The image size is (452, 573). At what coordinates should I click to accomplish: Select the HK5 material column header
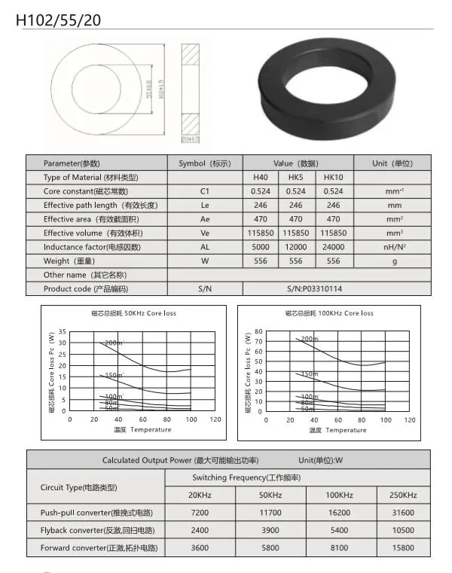pyautogui.click(x=296, y=177)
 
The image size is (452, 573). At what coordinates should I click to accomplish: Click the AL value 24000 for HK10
pyautogui.click(x=333, y=247)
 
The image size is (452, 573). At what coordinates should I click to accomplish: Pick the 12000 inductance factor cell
pyautogui.click(x=296, y=247)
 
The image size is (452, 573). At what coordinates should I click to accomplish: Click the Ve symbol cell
pyautogui.click(x=204, y=233)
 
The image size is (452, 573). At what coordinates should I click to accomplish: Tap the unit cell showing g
pyautogui.click(x=394, y=261)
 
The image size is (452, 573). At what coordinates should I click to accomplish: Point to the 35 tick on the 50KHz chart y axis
pyautogui.click(x=62, y=331)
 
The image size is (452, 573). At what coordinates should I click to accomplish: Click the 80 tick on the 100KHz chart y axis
pyautogui.click(x=258, y=331)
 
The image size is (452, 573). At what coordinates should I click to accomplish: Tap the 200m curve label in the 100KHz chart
pyautogui.click(x=310, y=340)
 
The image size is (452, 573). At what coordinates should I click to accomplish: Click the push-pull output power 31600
pyautogui.click(x=402, y=512)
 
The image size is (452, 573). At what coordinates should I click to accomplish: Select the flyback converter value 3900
pyautogui.click(x=270, y=530)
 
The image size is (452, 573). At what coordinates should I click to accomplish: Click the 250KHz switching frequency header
pyautogui.click(x=402, y=495)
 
